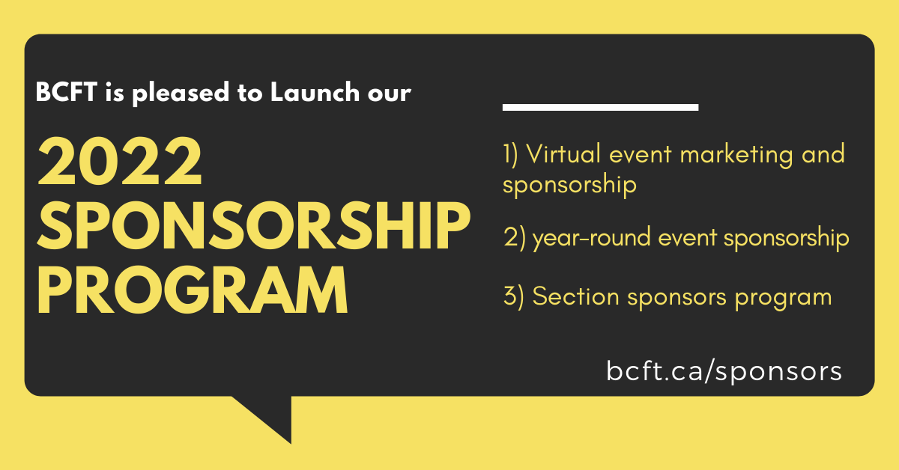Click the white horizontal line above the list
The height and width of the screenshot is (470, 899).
[600, 107]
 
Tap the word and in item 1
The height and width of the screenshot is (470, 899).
[822, 155]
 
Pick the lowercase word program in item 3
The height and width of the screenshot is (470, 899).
[784, 298]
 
